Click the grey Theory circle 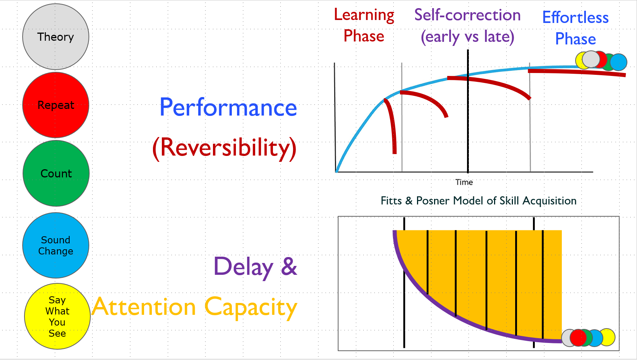click(56, 37)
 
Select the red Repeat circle click(56, 105)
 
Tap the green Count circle click(56, 173)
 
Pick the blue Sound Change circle click(56, 245)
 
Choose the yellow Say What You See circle click(57, 316)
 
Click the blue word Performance click(228, 107)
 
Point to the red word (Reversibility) click(224, 148)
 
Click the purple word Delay click(243, 266)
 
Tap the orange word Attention click(144, 307)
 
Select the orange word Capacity click(251, 307)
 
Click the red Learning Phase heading click(364, 25)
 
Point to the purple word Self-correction click(467, 15)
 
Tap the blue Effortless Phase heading click(576, 28)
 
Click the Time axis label click(464, 182)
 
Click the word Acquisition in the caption click(550, 201)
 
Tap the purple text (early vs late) click(467, 37)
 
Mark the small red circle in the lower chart click(577, 337)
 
